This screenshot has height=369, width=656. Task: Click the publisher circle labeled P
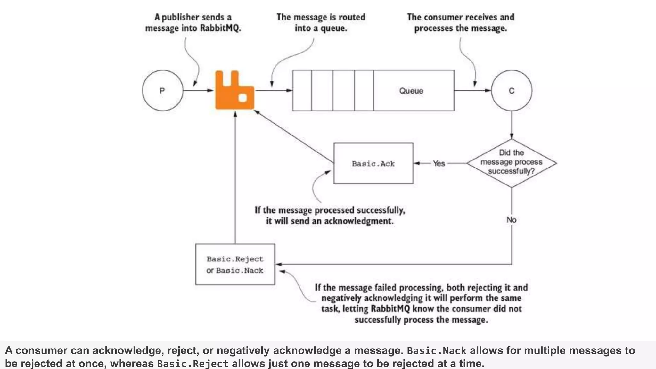coord(162,91)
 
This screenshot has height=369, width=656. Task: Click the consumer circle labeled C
coord(512,91)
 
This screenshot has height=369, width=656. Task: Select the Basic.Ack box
coord(373,163)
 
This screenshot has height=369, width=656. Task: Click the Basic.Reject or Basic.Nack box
coord(235,264)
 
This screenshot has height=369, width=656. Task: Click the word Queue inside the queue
coord(411,91)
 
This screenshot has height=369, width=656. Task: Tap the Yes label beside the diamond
coord(439,163)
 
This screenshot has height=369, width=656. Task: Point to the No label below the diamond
coord(512,220)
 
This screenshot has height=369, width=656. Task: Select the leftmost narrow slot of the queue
coord(302,91)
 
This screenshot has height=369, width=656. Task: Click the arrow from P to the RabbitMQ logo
coord(198,91)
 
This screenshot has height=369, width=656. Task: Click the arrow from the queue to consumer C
coord(472,91)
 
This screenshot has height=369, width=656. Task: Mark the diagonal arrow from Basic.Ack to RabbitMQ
coord(293,136)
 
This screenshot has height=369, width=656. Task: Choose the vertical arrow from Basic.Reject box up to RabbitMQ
coord(235,176)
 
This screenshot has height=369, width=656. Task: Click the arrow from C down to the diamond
coord(512,125)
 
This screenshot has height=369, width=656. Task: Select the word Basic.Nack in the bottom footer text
coord(437,351)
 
